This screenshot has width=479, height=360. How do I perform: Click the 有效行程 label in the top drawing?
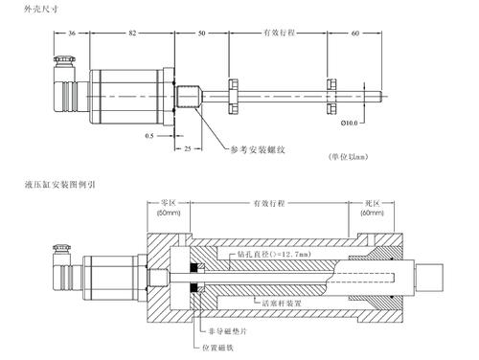(x=279, y=33)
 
